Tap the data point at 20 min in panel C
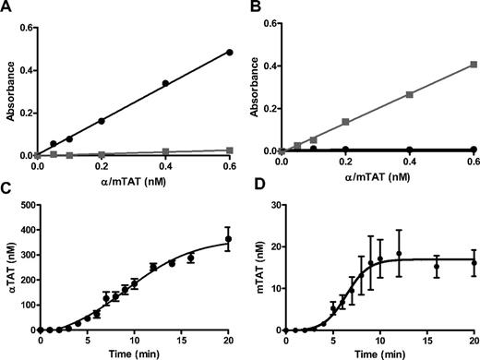(x=227, y=239)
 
